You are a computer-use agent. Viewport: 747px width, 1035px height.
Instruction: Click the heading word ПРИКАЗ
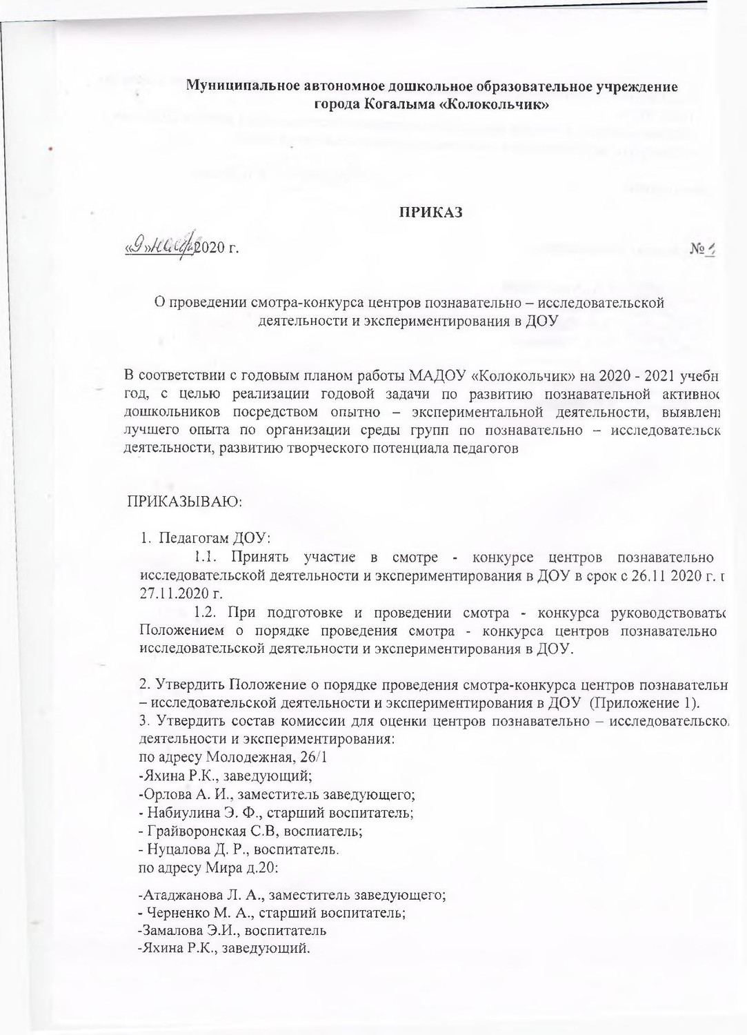432,213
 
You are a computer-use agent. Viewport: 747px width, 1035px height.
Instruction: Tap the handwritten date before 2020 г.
159,246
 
